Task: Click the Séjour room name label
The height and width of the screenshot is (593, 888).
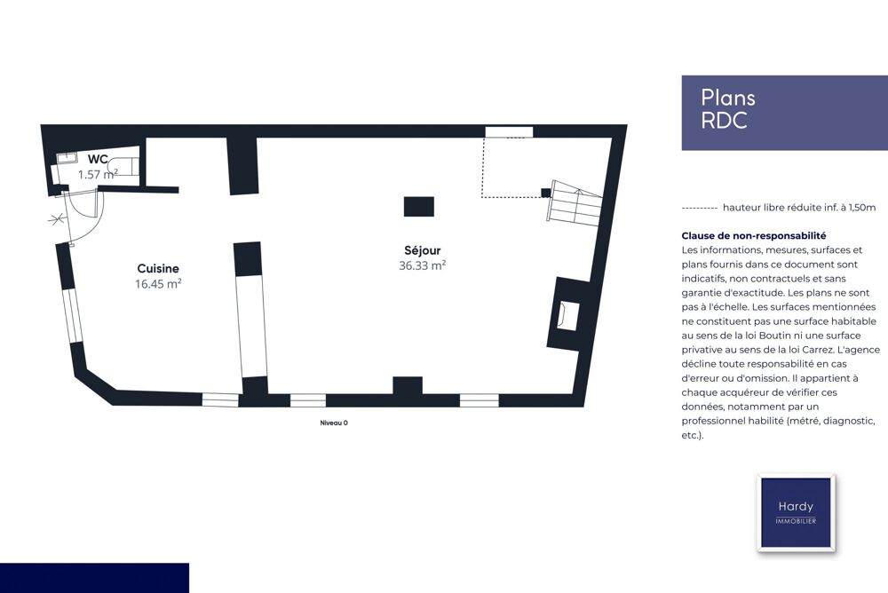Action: [x=422, y=250]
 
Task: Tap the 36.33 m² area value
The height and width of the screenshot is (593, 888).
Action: [x=422, y=265]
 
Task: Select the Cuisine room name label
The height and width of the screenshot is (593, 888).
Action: [x=158, y=268]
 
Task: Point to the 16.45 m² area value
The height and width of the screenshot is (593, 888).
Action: [x=158, y=284]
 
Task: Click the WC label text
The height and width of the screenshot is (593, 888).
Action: [x=98, y=159]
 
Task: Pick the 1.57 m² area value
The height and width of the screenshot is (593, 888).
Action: [x=98, y=175]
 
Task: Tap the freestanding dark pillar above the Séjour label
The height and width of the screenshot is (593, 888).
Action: [x=419, y=207]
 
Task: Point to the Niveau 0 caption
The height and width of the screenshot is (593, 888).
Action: [x=334, y=423]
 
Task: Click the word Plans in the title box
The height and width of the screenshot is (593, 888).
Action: [x=728, y=98]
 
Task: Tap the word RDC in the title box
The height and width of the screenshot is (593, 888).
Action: [x=725, y=121]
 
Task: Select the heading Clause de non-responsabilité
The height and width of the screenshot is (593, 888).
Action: [x=754, y=235]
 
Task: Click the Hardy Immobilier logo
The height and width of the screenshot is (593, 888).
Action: [x=796, y=512]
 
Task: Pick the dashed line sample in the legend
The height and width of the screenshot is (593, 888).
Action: [x=700, y=209]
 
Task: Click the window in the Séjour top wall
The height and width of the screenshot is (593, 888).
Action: [x=509, y=132]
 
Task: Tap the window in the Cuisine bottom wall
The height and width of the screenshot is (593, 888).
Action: [x=220, y=399]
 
